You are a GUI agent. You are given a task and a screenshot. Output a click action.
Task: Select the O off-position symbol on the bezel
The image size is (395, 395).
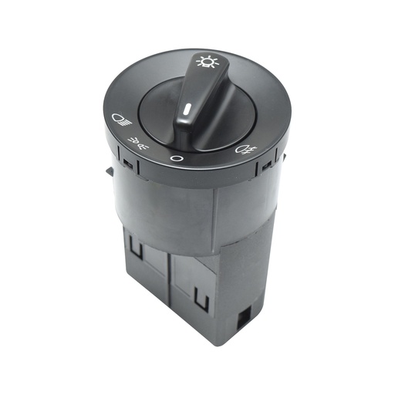click(x=176, y=160)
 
